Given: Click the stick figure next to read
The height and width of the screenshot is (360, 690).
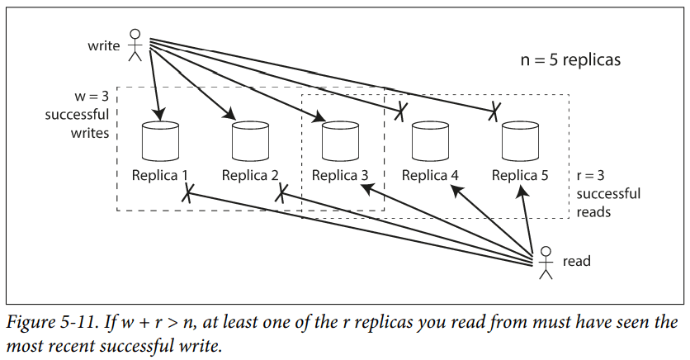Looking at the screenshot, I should pos(544,262).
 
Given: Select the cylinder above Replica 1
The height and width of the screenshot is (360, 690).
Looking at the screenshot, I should pos(160,141).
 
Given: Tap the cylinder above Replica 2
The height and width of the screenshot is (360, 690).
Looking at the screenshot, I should pos(251,141).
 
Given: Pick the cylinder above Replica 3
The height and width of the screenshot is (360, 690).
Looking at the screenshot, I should pos(341,141).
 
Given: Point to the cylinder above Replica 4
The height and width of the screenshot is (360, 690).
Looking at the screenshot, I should pos(431,141).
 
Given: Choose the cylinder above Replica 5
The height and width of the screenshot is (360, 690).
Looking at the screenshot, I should pos(521,141).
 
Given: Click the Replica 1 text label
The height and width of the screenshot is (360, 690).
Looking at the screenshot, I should pos(160,175).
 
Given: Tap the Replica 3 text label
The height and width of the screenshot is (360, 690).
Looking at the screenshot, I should pos(340,175).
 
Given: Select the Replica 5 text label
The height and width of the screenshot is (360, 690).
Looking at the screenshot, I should pos(520,175).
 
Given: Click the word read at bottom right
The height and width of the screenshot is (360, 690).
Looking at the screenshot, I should pos(576,261).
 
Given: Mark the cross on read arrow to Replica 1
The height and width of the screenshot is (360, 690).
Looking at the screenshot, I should pos(188,195).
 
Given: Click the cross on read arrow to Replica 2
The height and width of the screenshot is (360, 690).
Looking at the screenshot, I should pos(281,194).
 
